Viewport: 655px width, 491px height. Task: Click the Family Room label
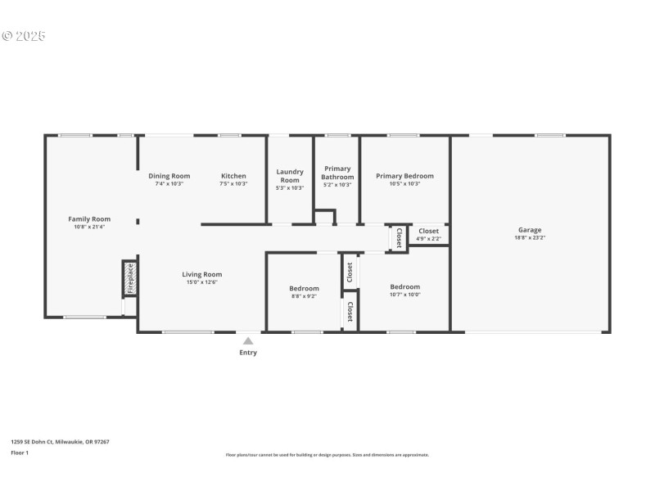89,218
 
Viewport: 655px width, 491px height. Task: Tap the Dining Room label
169,176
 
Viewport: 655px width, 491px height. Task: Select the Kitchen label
233,176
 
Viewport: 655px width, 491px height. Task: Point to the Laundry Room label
290,176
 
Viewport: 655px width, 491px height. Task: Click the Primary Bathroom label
337,173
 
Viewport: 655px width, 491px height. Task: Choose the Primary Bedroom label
404,176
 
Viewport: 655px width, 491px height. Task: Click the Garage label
530,230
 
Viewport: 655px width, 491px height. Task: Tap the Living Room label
201,274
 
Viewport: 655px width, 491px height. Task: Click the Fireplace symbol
129,278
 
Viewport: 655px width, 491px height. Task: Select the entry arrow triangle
248,340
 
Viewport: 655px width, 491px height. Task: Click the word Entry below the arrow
248,353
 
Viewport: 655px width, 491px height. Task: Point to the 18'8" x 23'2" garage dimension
530,238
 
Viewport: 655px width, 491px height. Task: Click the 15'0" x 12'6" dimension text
201,282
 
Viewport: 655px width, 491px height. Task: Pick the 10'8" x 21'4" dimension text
89,227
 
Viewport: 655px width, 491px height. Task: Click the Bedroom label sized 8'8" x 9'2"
304,288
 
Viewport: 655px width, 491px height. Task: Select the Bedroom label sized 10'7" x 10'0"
404,286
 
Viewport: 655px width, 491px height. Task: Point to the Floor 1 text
20,452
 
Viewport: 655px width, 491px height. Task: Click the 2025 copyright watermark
24,36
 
